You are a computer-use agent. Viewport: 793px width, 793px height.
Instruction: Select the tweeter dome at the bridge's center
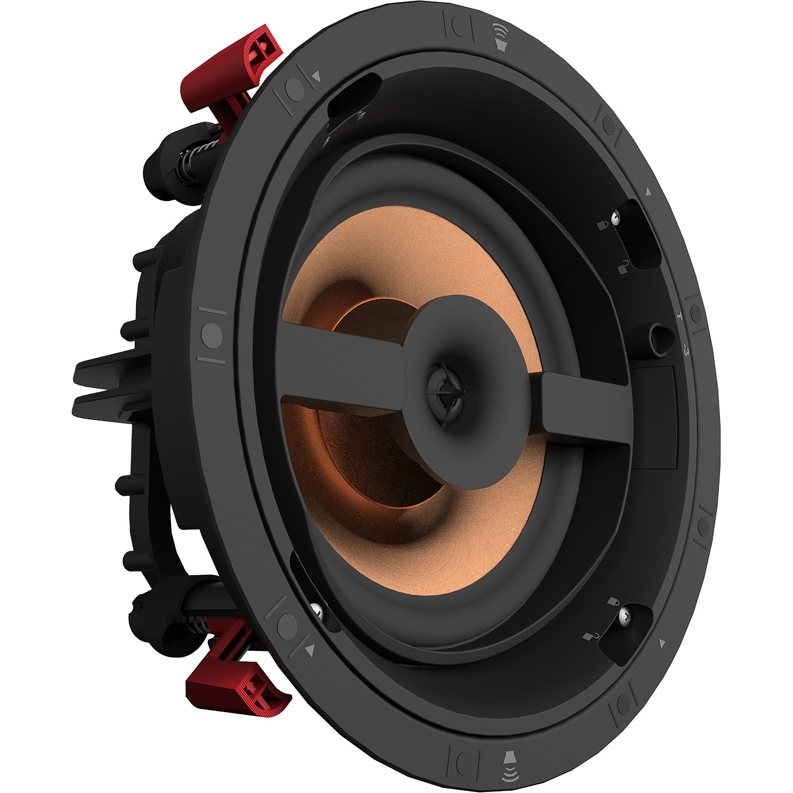(x=445, y=389)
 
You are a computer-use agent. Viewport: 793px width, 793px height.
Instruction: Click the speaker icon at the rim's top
(x=500, y=36)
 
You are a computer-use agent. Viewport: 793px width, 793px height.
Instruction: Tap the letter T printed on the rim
(x=680, y=316)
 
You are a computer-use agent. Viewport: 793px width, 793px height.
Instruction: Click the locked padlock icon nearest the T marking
(x=603, y=224)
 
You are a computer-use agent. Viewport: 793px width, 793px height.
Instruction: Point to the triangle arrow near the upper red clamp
(x=316, y=76)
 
